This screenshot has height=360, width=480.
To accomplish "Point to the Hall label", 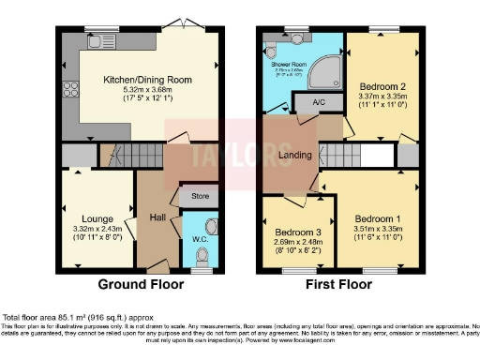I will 157,217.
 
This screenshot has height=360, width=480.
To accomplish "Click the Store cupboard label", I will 199,196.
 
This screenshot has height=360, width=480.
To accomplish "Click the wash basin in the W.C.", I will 211,226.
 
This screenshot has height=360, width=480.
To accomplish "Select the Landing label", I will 289,157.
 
